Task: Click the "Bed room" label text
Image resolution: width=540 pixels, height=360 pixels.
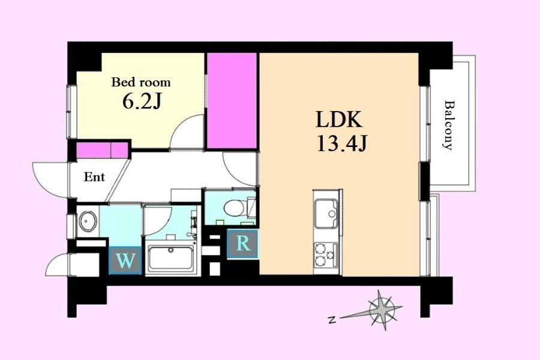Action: (x=140, y=82)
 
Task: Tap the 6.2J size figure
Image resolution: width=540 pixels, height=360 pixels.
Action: (x=142, y=101)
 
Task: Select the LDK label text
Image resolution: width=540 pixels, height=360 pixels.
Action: (x=338, y=120)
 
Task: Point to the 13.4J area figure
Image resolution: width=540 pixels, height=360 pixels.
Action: (x=341, y=144)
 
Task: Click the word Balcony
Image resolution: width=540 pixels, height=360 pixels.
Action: (x=448, y=125)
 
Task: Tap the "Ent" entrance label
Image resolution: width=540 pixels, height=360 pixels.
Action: (x=94, y=177)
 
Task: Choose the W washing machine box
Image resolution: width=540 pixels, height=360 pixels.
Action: (x=125, y=261)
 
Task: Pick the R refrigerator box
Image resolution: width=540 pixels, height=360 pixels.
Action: (x=243, y=244)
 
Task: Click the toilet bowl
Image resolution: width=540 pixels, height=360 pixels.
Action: (x=234, y=208)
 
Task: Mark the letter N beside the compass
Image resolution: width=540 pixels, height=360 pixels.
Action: (x=332, y=320)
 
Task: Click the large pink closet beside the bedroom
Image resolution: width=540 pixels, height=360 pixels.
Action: (x=232, y=101)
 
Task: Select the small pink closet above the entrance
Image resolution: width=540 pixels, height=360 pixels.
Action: (x=102, y=150)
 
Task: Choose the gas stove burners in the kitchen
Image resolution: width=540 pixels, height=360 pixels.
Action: (x=326, y=254)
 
